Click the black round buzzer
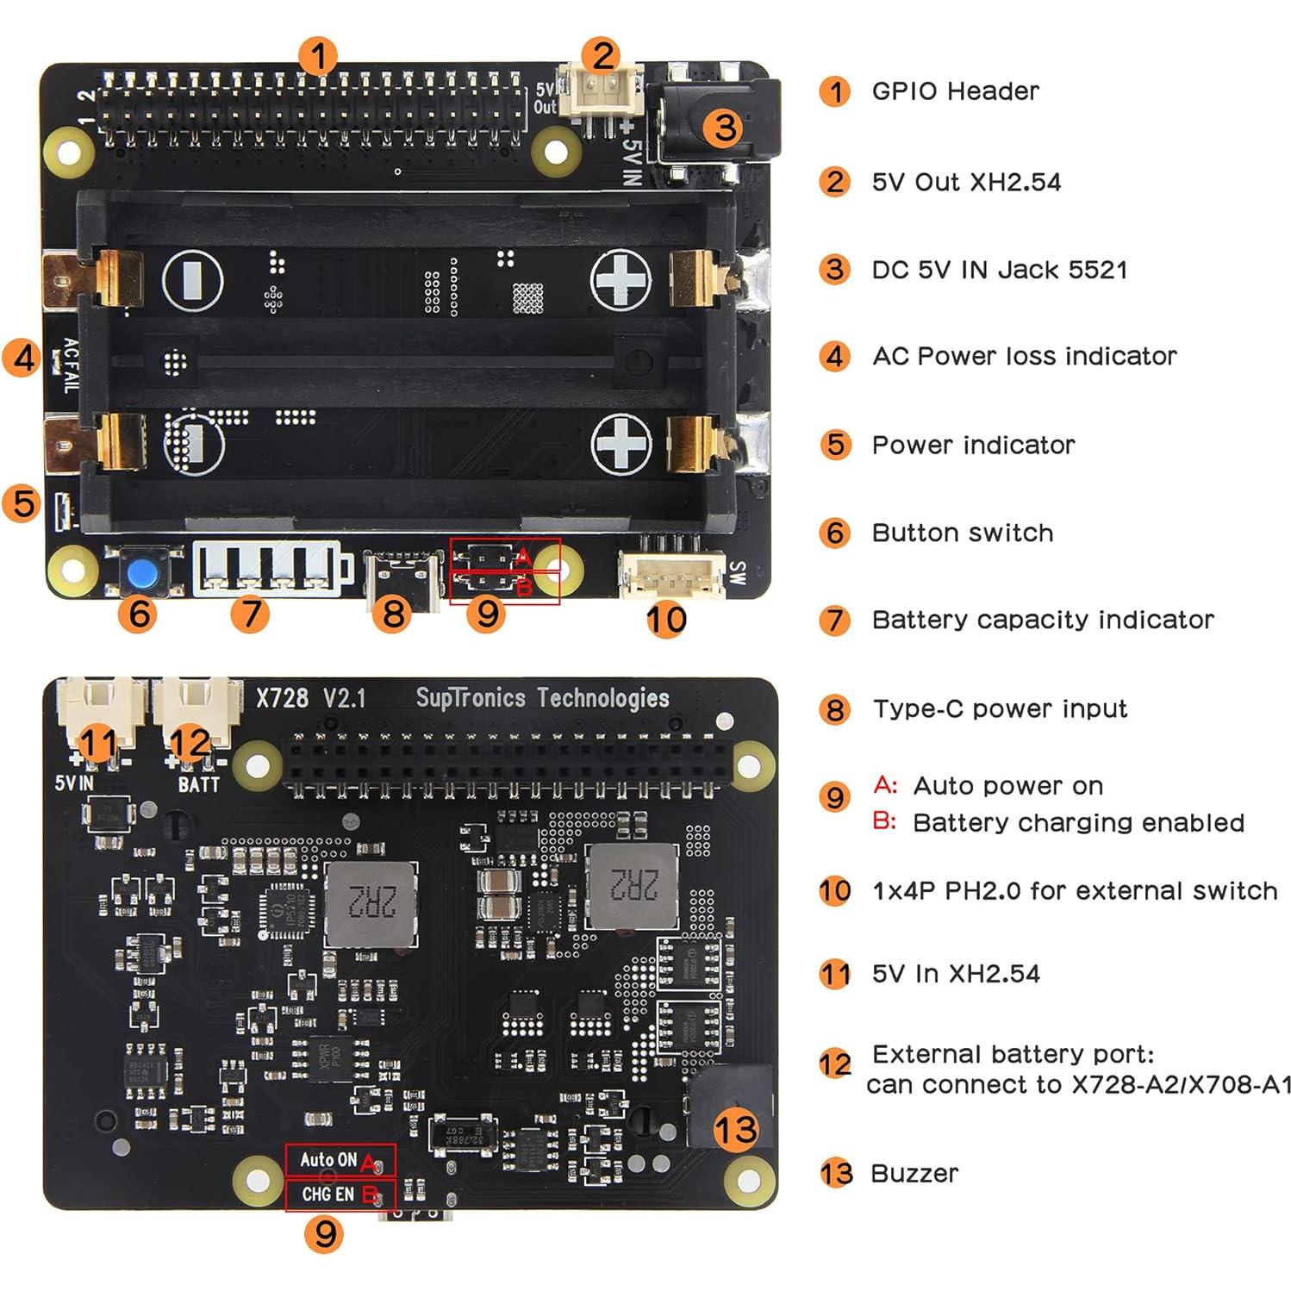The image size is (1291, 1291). tap(728, 1112)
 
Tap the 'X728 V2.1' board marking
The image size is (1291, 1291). tap(310, 698)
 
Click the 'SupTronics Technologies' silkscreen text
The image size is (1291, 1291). tap(542, 698)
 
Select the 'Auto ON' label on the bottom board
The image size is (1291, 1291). tap(327, 1160)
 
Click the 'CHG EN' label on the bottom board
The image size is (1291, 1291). tap(327, 1194)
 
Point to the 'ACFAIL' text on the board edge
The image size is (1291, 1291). tap(70, 365)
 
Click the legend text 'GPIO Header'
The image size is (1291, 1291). tap(955, 91)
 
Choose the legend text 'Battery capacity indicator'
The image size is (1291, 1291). tap(1042, 620)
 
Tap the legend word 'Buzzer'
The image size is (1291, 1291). tap(914, 1173)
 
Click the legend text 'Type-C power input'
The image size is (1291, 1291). tap(999, 708)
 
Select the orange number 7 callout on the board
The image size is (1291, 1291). tap(250, 614)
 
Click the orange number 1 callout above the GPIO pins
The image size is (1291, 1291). tap(318, 57)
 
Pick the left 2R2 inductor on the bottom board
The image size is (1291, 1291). tap(372, 901)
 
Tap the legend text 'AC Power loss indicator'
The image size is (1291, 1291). tap(1024, 356)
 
